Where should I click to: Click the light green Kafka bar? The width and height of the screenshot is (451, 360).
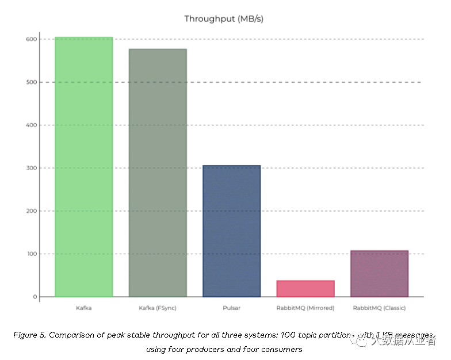[x=84, y=167]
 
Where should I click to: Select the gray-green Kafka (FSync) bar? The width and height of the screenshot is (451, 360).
[x=158, y=173]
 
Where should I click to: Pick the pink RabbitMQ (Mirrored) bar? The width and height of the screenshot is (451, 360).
[x=305, y=289]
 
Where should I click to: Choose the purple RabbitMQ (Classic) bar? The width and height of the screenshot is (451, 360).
[x=379, y=274]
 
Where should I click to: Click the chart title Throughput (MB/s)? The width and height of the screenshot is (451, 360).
[x=224, y=18]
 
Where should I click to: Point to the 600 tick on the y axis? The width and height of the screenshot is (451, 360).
[x=30, y=39]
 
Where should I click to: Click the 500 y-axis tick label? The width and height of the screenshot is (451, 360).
[x=30, y=82]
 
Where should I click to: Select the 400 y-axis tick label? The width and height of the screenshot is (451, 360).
[x=30, y=125]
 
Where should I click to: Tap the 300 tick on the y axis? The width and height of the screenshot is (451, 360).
[x=30, y=168]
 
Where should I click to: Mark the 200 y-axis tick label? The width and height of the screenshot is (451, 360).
[x=30, y=211]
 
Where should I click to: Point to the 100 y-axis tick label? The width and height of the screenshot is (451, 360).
[x=30, y=254]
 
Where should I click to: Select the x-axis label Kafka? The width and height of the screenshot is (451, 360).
[x=84, y=308]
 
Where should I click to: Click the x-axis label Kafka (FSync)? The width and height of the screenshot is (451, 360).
[x=158, y=308]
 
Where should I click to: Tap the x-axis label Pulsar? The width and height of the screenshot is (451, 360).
[x=231, y=308]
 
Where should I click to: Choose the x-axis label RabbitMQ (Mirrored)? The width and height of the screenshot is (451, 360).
[x=305, y=308]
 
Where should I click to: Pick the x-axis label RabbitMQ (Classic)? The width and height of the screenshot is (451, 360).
[x=379, y=308]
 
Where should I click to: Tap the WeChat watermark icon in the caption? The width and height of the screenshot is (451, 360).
[x=362, y=341]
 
